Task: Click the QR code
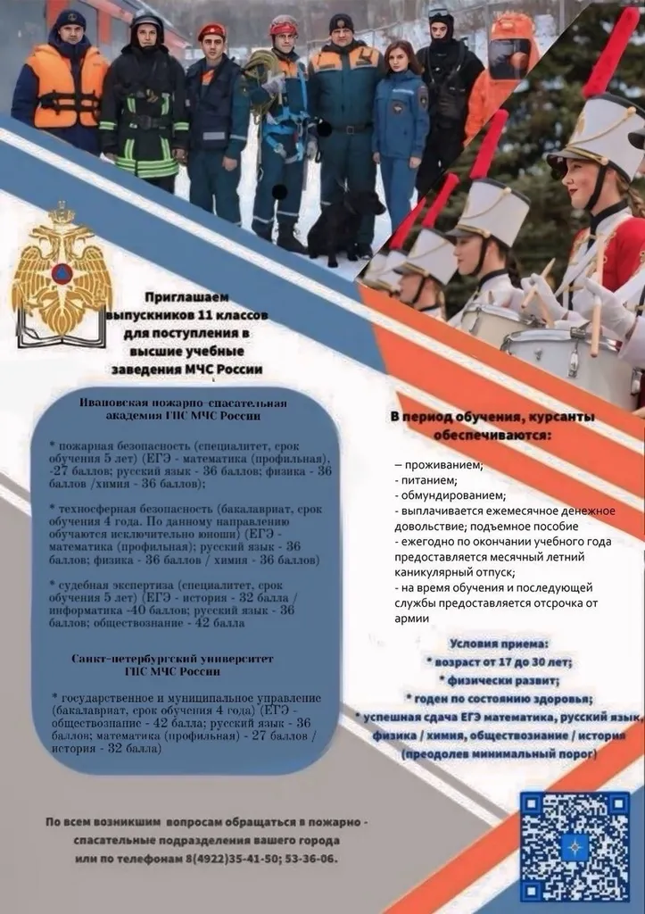(x=575, y=845)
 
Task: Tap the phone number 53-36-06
(x=314, y=858)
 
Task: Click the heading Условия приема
(x=500, y=643)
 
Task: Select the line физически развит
(x=500, y=680)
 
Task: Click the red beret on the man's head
(x=211, y=31)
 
